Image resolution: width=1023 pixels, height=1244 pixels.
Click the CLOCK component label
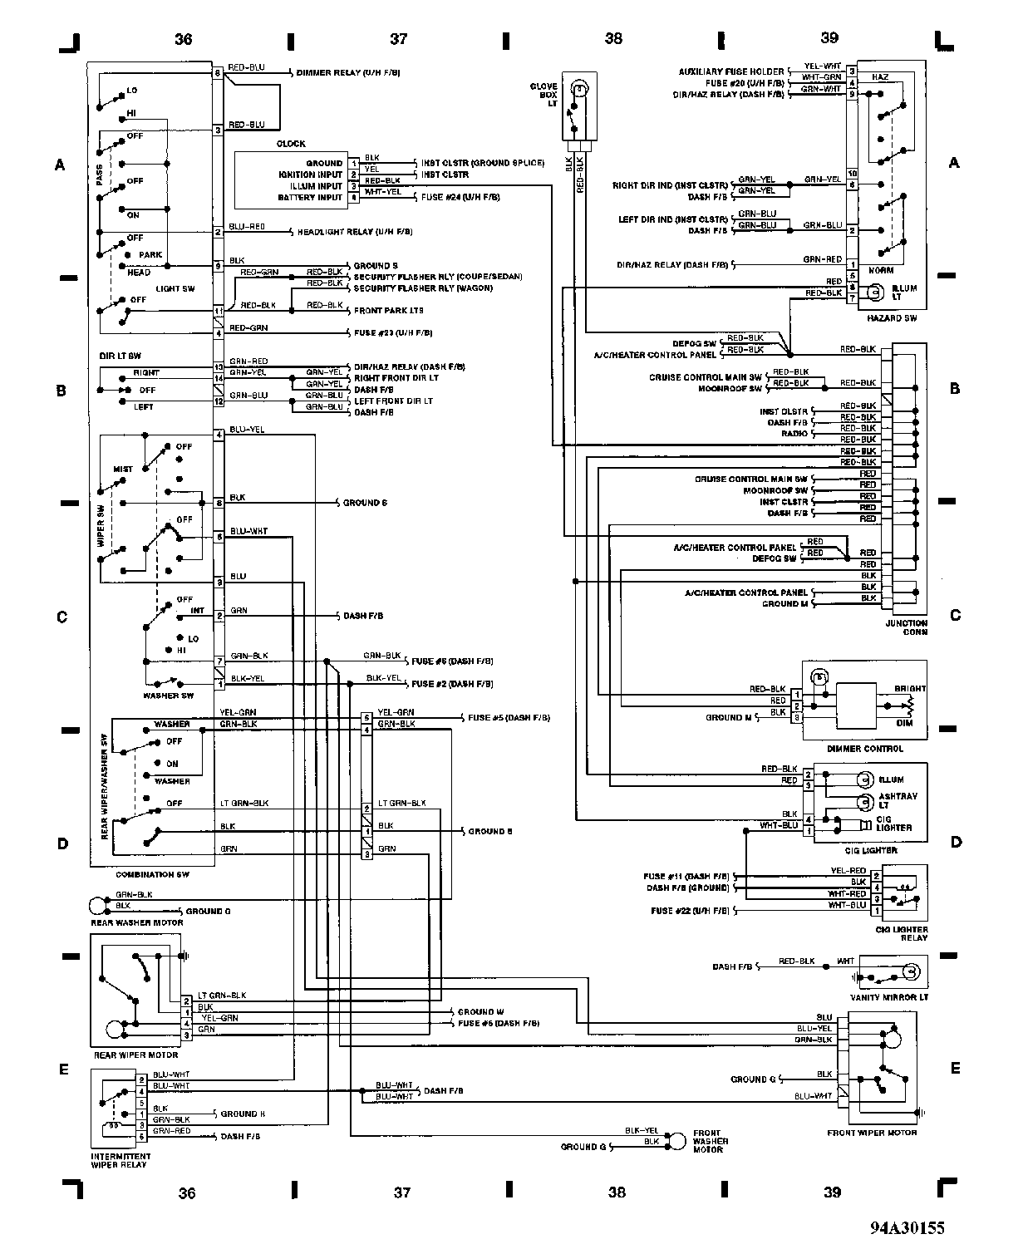291,144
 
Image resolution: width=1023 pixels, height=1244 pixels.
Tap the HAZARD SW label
890,318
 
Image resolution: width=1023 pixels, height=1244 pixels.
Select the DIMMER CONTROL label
864,749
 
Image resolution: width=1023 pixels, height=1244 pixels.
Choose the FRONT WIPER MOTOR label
872,1133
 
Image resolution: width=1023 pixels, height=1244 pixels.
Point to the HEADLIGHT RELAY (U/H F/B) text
353,232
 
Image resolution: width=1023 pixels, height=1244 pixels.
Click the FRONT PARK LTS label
389,310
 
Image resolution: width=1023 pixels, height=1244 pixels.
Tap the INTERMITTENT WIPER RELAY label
121,1160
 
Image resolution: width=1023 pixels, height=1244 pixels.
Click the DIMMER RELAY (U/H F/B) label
348,73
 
